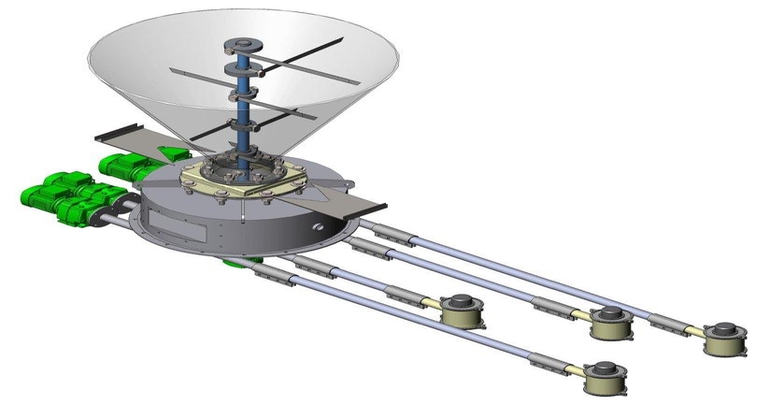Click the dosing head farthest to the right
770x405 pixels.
click(x=726, y=340)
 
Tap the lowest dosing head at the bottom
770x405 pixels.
click(x=605, y=377)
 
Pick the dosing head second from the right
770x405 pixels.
click(x=612, y=324)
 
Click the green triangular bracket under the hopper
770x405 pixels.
click(x=176, y=151)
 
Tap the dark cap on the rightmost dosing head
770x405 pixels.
click(x=727, y=330)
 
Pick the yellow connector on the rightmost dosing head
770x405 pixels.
click(x=696, y=333)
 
